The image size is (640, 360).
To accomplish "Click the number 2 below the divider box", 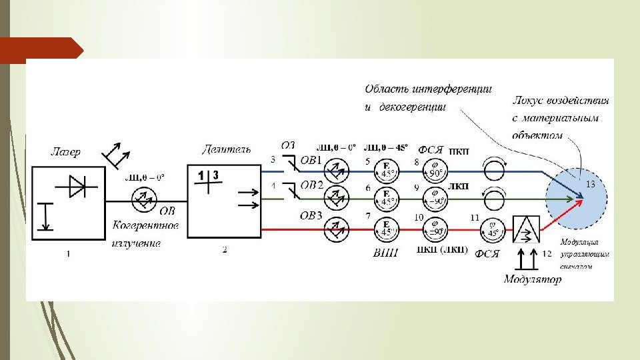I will pyautogui.click(x=225, y=250).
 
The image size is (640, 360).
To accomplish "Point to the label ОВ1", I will pyautogui.click(x=311, y=161).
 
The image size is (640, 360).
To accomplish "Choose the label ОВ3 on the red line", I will pyautogui.click(x=311, y=215).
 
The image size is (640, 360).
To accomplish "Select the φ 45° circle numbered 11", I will pyautogui.click(x=492, y=229).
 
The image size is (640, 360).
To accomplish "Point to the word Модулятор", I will pyautogui.click(x=533, y=279).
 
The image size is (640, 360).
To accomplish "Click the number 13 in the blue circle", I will pyautogui.click(x=590, y=183).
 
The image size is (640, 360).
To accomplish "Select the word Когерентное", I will pyautogui.click(x=145, y=226).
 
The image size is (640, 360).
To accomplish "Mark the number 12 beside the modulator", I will pyautogui.click(x=547, y=253).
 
